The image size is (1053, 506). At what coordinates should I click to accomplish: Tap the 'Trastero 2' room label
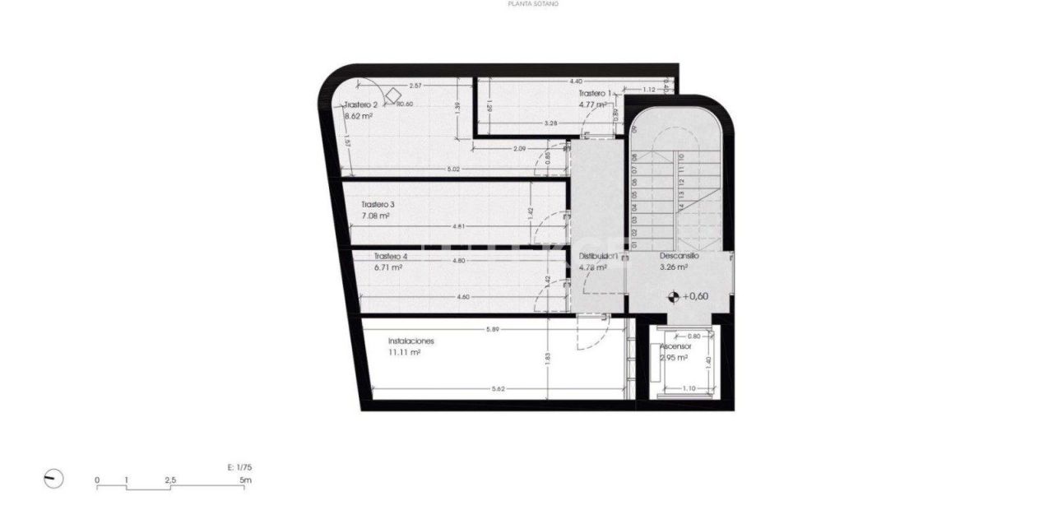click(x=361, y=104)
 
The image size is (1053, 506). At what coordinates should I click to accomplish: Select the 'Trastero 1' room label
click(x=595, y=94)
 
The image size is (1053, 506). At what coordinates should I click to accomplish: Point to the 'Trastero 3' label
click(x=378, y=204)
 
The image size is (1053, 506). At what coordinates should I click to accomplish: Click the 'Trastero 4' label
click(x=390, y=256)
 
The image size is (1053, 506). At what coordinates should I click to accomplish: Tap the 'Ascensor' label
click(x=675, y=347)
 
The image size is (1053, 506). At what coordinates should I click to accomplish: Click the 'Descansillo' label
click(x=680, y=256)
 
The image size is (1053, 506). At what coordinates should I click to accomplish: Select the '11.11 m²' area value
click(x=404, y=352)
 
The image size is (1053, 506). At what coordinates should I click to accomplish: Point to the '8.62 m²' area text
click(x=359, y=117)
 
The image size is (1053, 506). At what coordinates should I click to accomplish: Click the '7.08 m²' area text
click(x=375, y=216)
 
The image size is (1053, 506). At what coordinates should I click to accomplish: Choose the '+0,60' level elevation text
click(x=696, y=296)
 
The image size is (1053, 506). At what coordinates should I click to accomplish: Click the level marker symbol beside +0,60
click(x=674, y=296)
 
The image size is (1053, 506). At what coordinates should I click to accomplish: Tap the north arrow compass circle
click(x=53, y=479)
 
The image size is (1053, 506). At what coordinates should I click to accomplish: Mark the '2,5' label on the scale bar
click(x=169, y=480)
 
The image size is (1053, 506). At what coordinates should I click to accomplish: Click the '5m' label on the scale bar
click(x=245, y=480)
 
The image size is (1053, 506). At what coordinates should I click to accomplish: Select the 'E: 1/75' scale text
click(x=239, y=467)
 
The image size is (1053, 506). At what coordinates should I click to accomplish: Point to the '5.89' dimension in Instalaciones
click(x=493, y=330)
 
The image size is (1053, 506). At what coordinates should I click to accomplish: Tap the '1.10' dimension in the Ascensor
click(x=689, y=388)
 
